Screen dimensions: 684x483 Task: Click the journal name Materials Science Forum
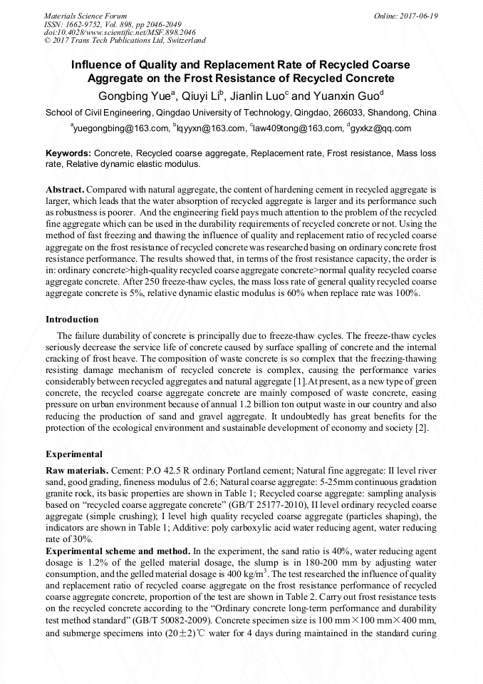(x=85, y=15)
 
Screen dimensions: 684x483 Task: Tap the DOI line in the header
(x=110, y=32)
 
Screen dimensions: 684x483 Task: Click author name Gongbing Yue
(x=133, y=96)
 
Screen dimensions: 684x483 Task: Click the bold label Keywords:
(x=68, y=153)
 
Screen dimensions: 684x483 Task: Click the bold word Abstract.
(x=65, y=190)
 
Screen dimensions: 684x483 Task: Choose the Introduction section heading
(x=72, y=319)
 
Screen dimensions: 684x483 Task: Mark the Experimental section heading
(x=74, y=454)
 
